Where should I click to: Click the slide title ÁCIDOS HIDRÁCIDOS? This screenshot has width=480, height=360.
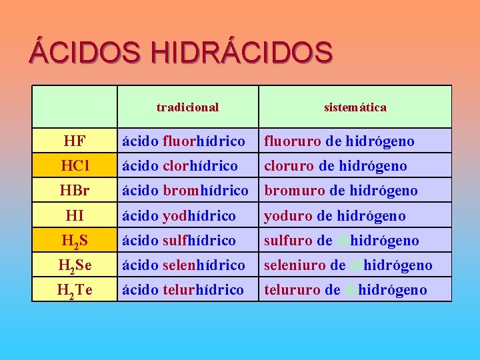(x=180, y=52)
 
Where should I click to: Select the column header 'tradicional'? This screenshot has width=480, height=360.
(x=187, y=107)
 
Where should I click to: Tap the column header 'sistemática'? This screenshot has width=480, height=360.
(x=355, y=107)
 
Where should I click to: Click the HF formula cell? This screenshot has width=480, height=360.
(x=74, y=141)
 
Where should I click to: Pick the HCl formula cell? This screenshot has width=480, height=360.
(x=74, y=165)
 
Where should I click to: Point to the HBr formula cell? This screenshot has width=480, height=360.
(x=74, y=190)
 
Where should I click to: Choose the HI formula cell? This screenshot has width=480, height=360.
(x=74, y=215)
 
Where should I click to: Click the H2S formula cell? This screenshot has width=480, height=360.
(x=74, y=241)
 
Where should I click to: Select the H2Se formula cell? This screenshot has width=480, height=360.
(x=74, y=265)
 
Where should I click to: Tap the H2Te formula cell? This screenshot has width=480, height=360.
(x=74, y=290)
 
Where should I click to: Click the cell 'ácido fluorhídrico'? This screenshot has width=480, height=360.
(x=183, y=141)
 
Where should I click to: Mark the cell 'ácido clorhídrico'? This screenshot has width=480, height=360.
(x=179, y=165)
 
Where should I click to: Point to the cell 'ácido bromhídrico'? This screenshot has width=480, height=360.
(x=185, y=190)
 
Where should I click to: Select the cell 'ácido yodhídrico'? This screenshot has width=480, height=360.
(x=179, y=215)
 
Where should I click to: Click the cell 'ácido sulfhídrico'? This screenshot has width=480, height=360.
(x=179, y=240)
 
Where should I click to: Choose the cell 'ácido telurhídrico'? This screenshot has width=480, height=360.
(x=183, y=289)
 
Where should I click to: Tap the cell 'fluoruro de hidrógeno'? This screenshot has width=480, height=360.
(x=339, y=141)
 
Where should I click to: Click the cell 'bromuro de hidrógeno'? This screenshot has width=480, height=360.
(x=341, y=190)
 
